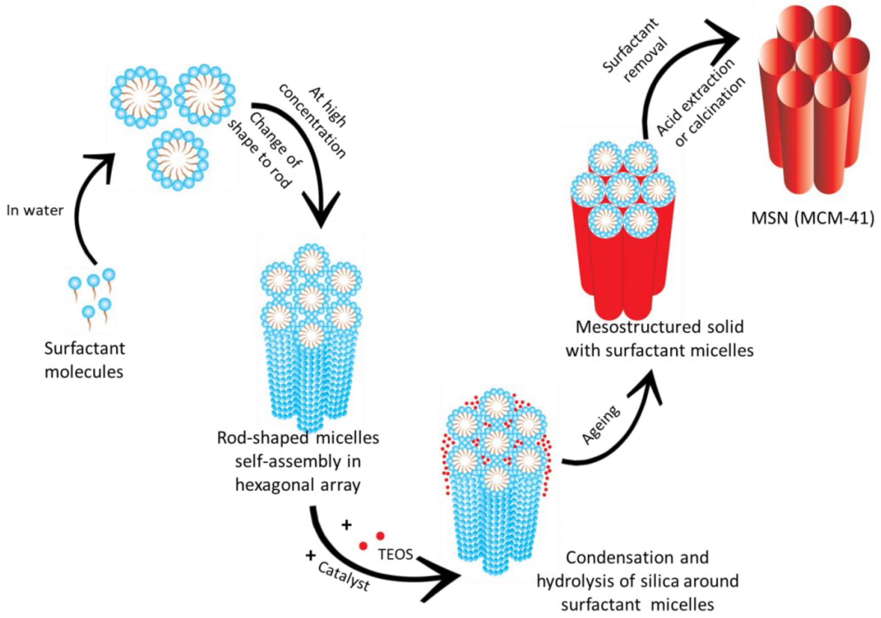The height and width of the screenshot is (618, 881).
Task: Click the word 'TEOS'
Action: point(396,554)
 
